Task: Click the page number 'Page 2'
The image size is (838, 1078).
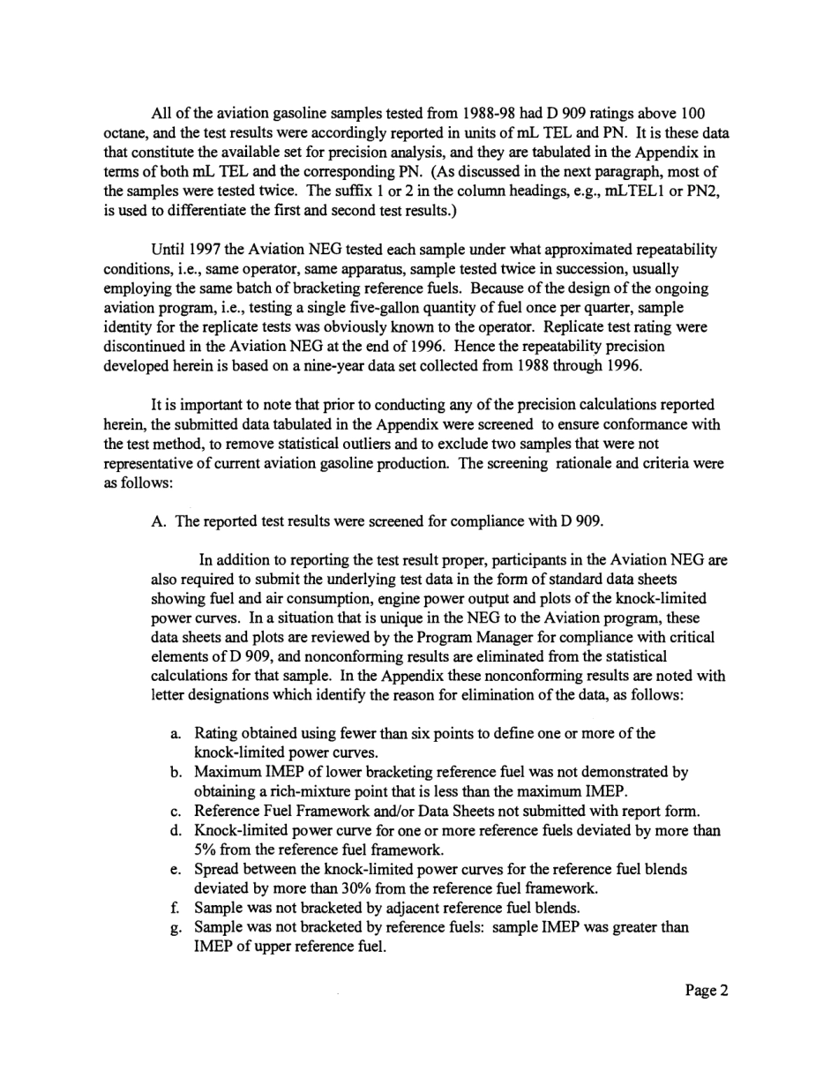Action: click(x=707, y=990)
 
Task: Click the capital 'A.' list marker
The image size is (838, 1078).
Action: click(x=160, y=520)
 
